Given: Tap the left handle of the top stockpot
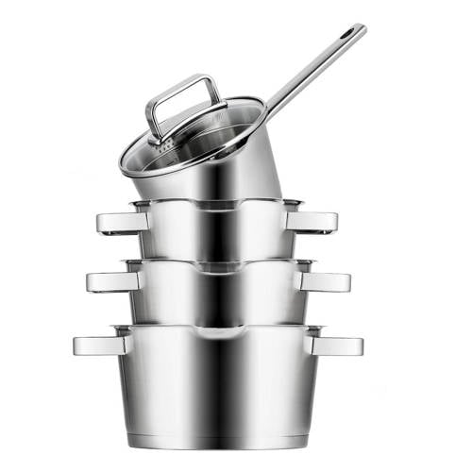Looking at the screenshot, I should tap(121, 222).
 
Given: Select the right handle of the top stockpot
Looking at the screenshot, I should tap(313, 222).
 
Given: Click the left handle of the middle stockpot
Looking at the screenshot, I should tap(111, 281).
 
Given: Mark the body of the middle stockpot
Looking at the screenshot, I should tap(217, 297).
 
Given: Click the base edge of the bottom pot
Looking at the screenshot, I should tap(217, 444).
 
